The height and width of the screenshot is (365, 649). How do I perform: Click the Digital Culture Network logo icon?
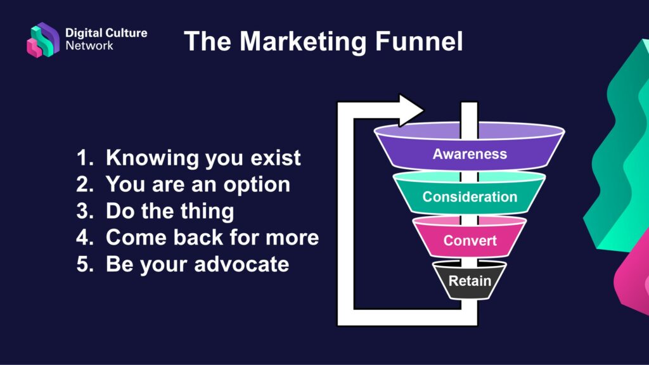42,39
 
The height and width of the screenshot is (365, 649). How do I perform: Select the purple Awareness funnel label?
470,154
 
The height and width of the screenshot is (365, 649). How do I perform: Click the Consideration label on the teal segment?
470,196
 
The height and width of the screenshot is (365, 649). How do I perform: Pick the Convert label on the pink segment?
470,241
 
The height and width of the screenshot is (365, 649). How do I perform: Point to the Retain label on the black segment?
470,280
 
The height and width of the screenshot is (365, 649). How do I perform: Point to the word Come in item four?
135,238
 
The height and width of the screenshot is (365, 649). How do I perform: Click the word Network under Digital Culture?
89,46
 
